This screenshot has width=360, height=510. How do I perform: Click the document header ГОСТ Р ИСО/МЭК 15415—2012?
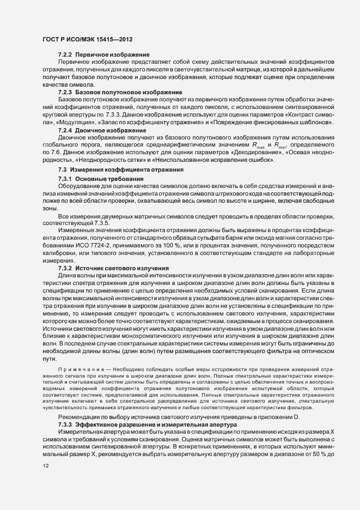tap(87, 40)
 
